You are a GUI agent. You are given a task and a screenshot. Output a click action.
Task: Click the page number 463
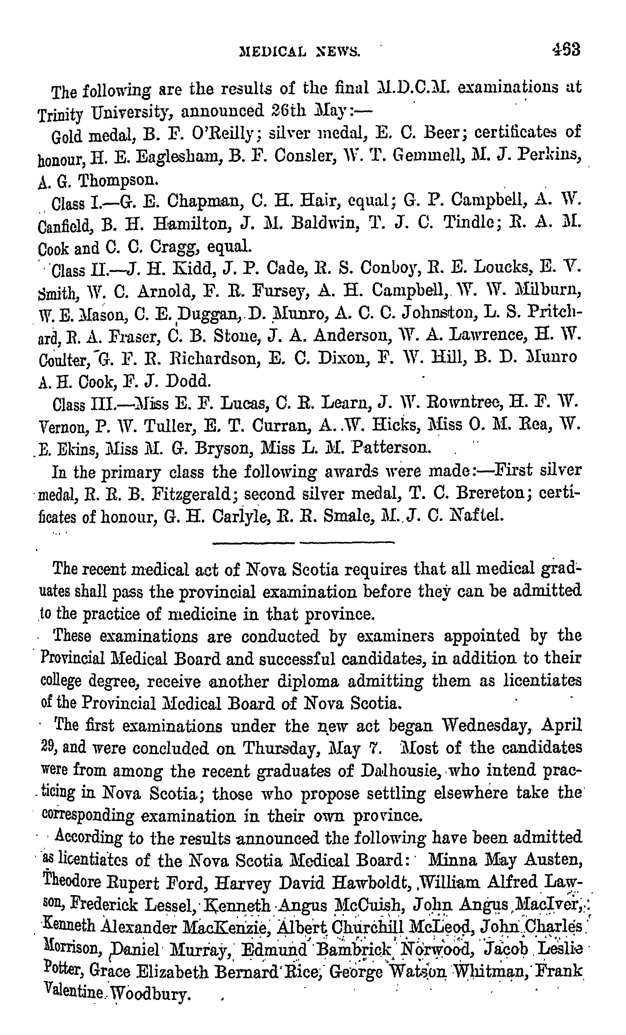pos(566,49)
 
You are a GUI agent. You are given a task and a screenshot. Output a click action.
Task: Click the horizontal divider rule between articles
pos(303,543)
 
